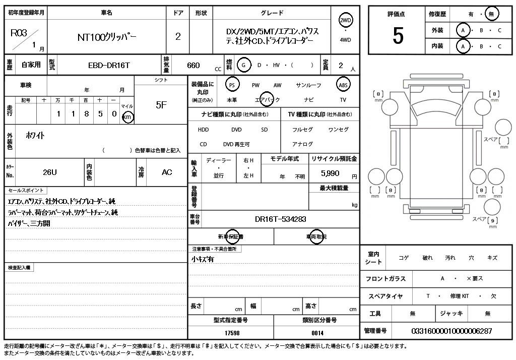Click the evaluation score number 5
(398, 36)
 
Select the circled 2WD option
(346, 20)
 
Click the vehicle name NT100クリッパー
(107, 37)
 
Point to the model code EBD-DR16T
(109, 65)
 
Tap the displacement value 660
(193, 65)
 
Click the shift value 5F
(161, 105)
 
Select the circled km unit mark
(128, 117)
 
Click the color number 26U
(50, 172)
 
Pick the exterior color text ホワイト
(35, 135)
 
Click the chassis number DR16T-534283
(280, 219)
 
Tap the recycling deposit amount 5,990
(330, 172)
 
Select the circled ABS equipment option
(343, 85)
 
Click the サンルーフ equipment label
(308, 86)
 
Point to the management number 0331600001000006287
(451, 331)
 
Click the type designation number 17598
(232, 333)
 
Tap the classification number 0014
(317, 333)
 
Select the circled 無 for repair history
(491, 14)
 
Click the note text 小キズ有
(203, 260)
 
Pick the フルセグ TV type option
(302, 130)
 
